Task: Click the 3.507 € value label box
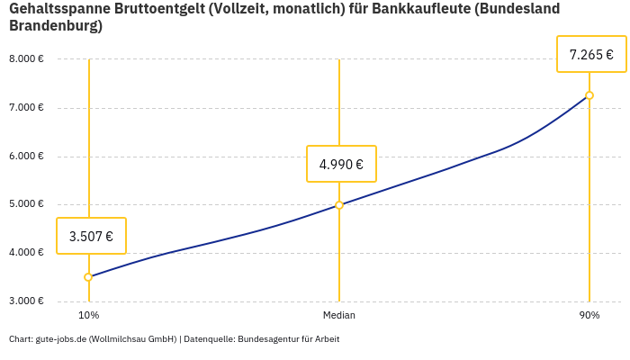(x=91, y=237)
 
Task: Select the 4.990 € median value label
(x=341, y=164)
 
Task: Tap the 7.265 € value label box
(x=591, y=55)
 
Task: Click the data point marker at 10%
(x=88, y=277)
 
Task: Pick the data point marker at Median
(x=339, y=205)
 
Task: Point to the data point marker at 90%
(x=589, y=95)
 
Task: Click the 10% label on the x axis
(x=88, y=315)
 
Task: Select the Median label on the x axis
(x=339, y=315)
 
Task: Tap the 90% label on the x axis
(x=589, y=315)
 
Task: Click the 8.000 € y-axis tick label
(x=26, y=59)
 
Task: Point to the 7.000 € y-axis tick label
(x=26, y=108)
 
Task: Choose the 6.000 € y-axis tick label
(x=26, y=157)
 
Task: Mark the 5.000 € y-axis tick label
(x=26, y=204)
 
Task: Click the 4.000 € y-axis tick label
(x=26, y=253)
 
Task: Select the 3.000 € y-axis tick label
(x=26, y=301)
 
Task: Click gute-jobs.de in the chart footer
(x=59, y=339)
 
